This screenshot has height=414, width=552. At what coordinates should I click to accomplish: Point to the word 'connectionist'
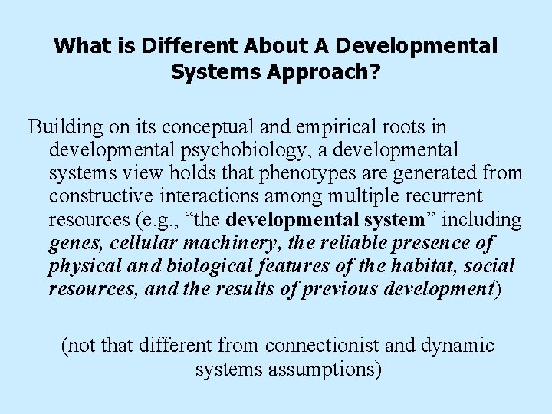pyautogui.click(x=322, y=346)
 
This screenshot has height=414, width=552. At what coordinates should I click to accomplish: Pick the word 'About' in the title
pyautogui.click(x=279, y=46)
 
